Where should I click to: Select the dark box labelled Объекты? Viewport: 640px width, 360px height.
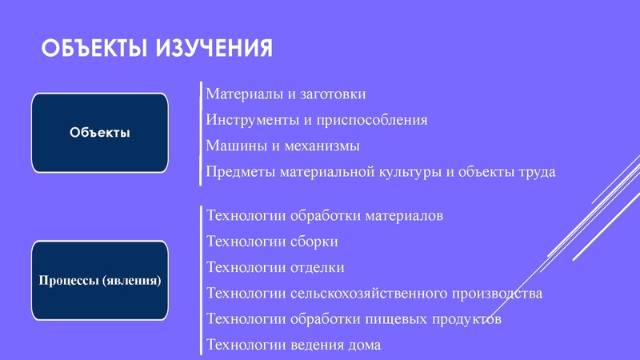(99, 133)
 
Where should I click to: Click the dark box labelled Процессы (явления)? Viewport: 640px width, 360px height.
(99, 281)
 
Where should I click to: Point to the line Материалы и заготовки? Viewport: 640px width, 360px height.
(286, 94)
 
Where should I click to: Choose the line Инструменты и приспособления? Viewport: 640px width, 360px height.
(317, 120)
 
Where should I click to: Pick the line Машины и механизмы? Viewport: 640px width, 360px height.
(282, 146)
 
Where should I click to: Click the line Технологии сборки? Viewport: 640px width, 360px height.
(272, 242)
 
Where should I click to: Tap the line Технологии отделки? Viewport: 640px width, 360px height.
(275, 267)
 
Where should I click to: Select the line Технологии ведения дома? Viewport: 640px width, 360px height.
(294, 345)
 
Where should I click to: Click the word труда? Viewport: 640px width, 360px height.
(534, 171)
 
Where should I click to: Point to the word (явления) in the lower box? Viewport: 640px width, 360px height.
(131, 281)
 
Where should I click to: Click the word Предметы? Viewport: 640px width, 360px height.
(236, 171)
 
